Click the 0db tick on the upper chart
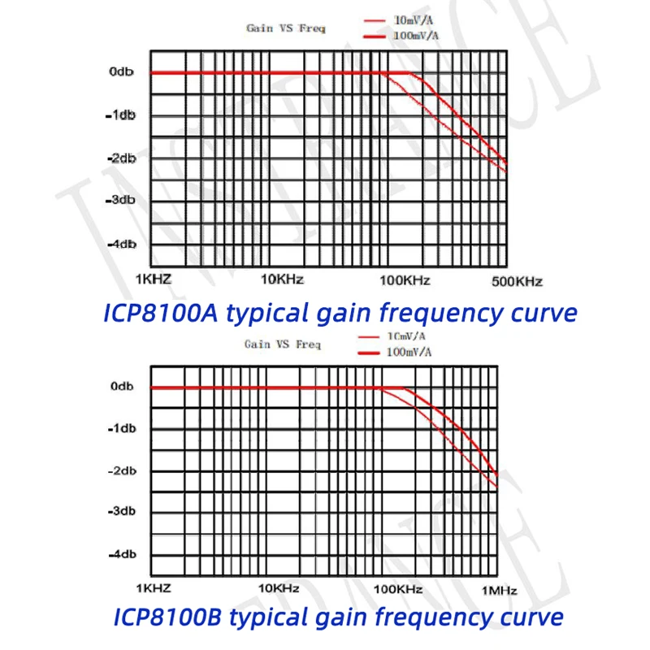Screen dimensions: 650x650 tap(121, 72)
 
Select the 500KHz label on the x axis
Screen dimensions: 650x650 tap(517, 281)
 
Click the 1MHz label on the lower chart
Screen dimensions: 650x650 tap(498, 589)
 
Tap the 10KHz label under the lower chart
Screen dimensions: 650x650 tap(279, 588)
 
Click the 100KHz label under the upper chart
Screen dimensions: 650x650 tap(405, 280)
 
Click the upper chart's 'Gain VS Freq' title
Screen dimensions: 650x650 tap(286, 28)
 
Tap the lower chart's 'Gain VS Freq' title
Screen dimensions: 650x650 tap(283, 344)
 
